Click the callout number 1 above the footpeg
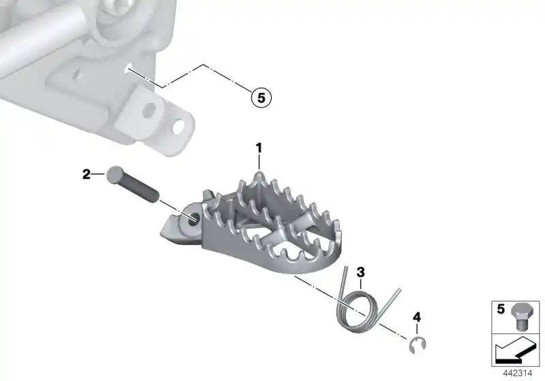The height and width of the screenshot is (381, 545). click(259, 148)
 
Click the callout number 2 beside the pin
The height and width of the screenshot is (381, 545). click(87, 174)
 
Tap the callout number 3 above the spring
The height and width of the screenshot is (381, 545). click(361, 271)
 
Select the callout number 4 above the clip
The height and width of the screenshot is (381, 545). click(417, 317)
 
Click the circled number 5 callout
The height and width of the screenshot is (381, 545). click(261, 97)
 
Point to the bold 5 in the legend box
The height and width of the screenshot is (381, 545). click(501, 309)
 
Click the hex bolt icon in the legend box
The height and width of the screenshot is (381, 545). click(520, 316)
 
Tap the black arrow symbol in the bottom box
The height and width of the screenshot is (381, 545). click(515, 351)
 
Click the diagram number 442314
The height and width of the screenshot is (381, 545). click(518, 374)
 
